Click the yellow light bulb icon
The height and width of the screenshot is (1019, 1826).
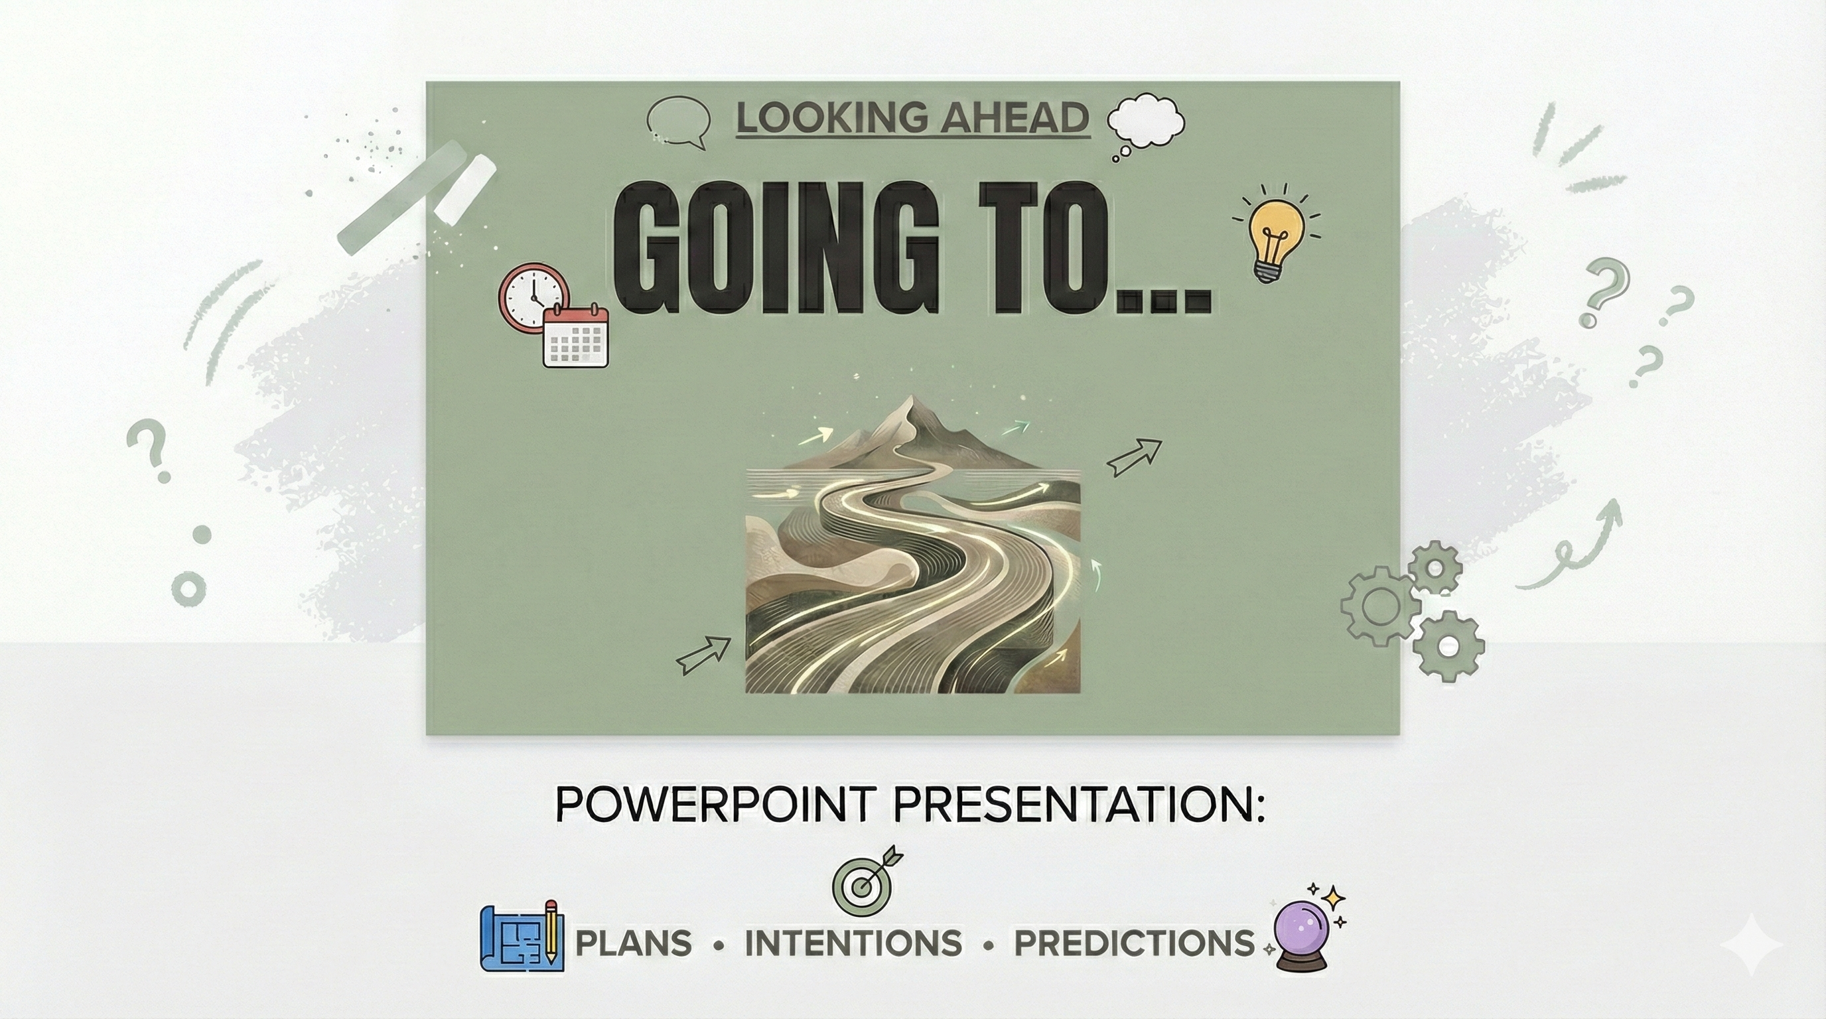(x=1276, y=232)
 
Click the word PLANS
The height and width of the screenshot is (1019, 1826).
(x=633, y=943)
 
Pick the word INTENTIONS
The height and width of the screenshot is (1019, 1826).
(x=853, y=943)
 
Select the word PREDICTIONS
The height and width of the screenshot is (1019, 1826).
(x=1134, y=943)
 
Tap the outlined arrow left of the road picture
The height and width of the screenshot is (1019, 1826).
(x=703, y=655)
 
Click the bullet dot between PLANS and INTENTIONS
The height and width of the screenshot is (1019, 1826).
(x=719, y=945)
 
